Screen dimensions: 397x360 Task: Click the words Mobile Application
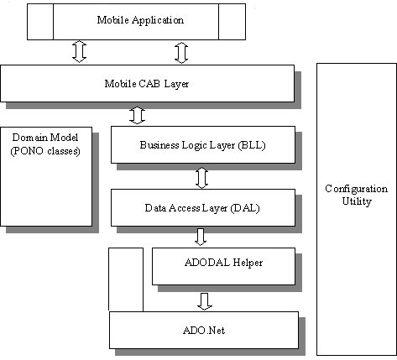click(140, 20)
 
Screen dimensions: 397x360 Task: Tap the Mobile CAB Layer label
click(147, 84)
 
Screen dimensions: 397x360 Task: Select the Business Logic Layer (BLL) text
click(202, 145)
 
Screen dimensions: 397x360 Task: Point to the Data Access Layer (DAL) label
click(202, 208)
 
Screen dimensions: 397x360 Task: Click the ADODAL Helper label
click(223, 263)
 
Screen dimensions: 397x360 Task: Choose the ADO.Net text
click(204, 331)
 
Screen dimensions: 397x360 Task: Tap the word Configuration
click(357, 190)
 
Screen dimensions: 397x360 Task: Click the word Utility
click(357, 201)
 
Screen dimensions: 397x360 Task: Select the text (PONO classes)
click(45, 151)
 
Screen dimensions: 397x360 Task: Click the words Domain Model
click(45, 138)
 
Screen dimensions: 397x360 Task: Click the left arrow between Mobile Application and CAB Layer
click(80, 51)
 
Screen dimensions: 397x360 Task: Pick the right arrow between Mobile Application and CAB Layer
click(181, 53)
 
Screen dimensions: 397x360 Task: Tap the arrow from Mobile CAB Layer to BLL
click(137, 115)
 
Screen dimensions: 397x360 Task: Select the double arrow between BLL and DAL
click(201, 178)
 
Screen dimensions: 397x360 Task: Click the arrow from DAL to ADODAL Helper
click(201, 237)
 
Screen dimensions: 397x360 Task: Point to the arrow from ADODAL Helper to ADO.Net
click(205, 301)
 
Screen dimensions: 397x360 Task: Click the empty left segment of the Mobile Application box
click(40, 22)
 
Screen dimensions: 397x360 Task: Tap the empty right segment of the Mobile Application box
click(232, 22)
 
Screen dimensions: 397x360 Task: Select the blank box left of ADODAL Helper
click(126, 279)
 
